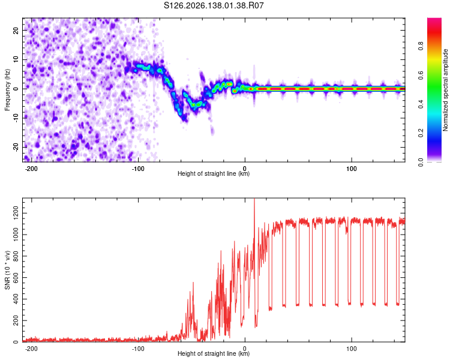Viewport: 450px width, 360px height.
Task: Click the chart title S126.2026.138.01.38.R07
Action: (214, 5)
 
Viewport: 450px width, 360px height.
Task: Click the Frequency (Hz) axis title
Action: (7, 90)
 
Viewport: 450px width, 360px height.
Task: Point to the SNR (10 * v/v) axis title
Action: (7, 270)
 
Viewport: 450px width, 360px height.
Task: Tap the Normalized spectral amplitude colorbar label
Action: (445, 90)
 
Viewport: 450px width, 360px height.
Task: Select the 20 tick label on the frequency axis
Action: (16, 30)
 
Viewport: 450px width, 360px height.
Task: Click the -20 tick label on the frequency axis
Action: (16, 148)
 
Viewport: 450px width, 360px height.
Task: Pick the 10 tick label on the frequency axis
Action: (16, 60)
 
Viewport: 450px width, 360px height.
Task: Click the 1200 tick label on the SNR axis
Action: (16, 214)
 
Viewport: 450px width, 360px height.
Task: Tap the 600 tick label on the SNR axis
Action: (16, 278)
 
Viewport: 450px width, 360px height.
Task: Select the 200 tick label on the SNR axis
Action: (16, 320)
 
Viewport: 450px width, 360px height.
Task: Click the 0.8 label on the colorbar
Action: (421, 46)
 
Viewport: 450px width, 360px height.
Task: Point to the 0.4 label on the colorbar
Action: (421, 104)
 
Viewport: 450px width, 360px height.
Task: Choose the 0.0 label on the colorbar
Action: (421, 163)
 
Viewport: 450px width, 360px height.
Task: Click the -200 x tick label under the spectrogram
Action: (31, 169)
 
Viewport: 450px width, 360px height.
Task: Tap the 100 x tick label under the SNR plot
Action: (352, 349)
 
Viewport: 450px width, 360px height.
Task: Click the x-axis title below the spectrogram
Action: (214, 173)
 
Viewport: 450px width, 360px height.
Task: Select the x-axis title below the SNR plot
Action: (214, 353)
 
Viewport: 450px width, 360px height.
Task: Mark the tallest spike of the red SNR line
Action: (254, 200)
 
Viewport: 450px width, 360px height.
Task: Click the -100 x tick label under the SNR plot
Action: (138, 349)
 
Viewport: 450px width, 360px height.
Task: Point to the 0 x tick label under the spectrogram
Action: (245, 169)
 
